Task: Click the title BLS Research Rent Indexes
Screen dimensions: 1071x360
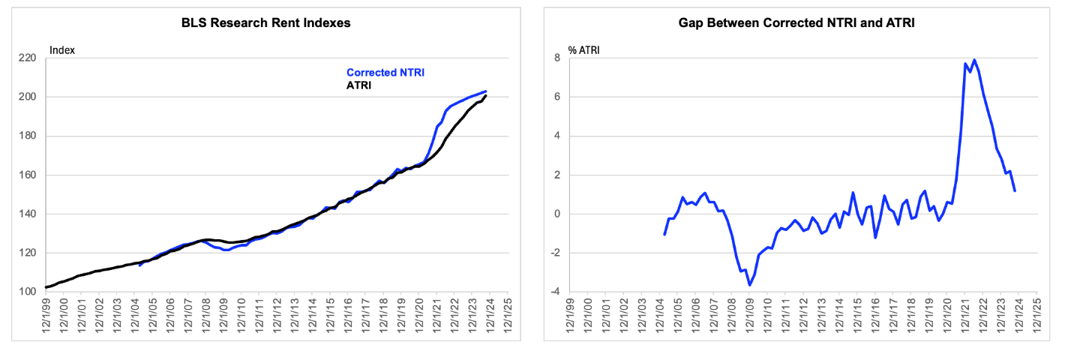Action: tap(265, 23)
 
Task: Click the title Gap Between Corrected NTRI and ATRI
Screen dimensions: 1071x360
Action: tap(796, 23)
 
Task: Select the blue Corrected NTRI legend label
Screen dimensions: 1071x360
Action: tap(385, 73)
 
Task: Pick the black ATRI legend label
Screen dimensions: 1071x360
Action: tap(358, 85)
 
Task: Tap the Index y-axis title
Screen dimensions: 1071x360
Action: tap(62, 50)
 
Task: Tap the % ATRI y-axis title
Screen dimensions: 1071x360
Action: tap(583, 50)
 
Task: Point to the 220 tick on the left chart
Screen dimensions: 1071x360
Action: tap(27, 58)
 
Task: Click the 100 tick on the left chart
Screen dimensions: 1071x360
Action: tap(27, 292)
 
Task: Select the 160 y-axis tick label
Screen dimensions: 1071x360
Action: tap(27, 175)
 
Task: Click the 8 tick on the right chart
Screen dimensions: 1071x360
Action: tap(557, 58)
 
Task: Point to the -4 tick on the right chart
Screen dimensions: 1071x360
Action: tap(555, 292)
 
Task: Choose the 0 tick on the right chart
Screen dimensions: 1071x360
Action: tap(557, 214)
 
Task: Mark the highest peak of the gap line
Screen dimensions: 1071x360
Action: tap(974, 60)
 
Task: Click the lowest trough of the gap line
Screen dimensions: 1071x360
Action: tap(750, 286)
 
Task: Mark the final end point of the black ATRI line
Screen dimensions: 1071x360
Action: tap(486, 96)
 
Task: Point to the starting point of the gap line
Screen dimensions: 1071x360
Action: tap(664, 234)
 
